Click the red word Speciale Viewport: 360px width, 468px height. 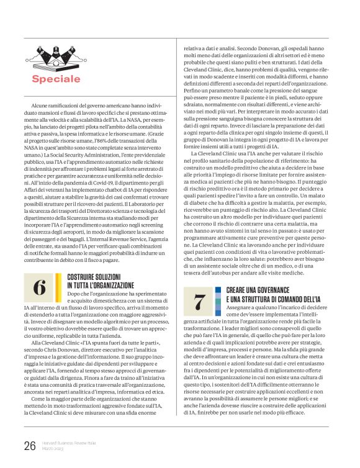point(56,79)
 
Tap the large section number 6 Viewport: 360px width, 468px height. point(40,287)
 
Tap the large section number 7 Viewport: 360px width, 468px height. point(200,302)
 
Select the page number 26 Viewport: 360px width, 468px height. point(29,445)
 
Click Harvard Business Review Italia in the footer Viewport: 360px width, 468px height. point(69,443)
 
